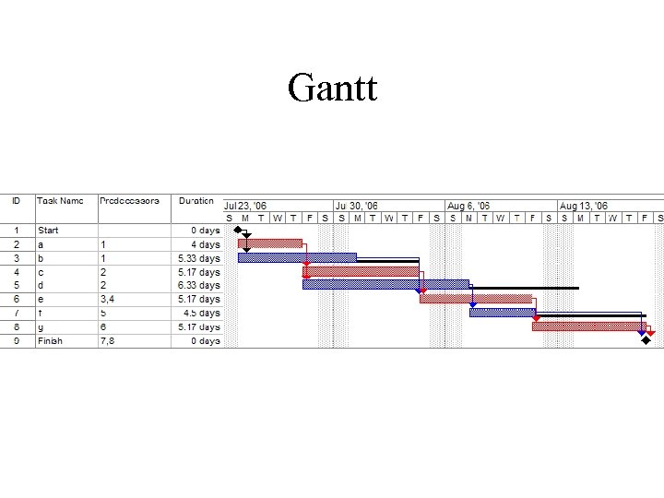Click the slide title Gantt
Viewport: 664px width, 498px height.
point(332,89)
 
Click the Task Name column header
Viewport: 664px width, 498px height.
point(60,200)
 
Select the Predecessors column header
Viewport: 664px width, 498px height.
point(129,200)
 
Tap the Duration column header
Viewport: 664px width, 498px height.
point(196,200)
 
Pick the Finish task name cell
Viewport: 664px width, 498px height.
point(50,340)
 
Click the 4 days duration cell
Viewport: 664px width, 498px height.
point(205,244)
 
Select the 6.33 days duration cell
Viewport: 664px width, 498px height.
point(198,286)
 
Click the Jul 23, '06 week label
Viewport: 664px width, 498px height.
point(245,206)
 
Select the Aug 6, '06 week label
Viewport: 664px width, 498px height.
point(468,206)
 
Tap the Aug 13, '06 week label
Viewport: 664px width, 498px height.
point(582,206)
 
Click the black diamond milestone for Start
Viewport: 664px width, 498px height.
point(239,230)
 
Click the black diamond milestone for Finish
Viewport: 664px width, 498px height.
point(645,340)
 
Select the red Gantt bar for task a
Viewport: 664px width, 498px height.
point(270,243)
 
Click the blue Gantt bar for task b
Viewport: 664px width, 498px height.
point(297,257)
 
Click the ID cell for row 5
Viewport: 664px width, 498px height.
point(16,286)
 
